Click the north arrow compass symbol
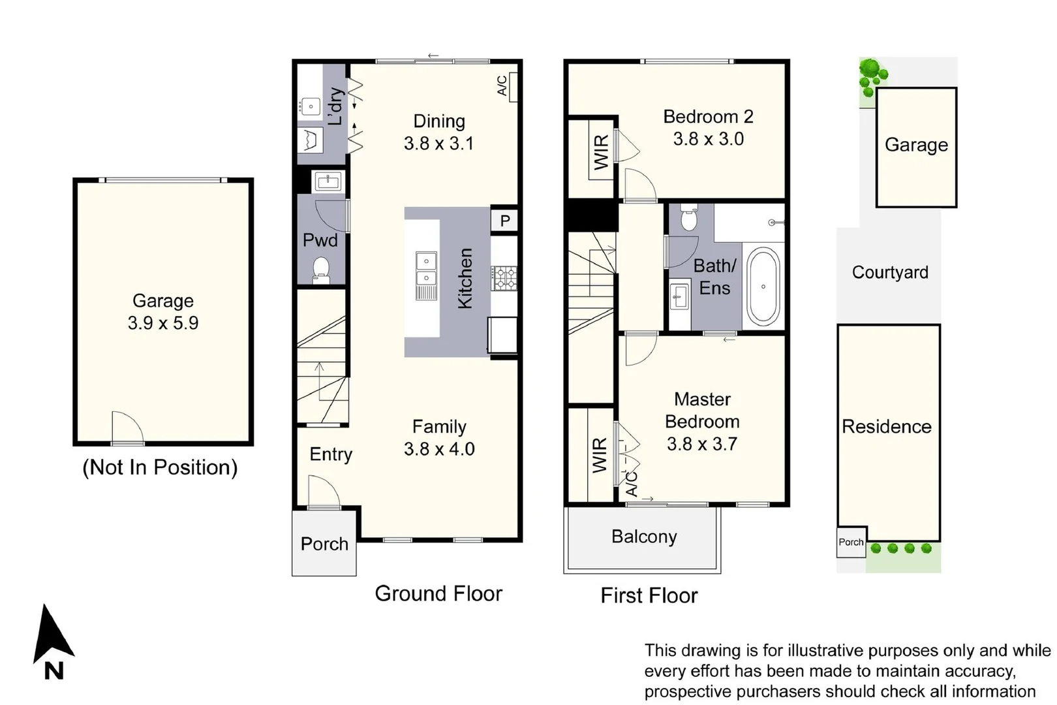(x=52, y=636)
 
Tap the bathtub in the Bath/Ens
(x=763, y=286)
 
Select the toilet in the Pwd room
(x=320, y=268)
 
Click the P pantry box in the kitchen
(x=504, y=221)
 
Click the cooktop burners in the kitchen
(x=504, y=278)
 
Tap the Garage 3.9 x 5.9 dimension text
(x=163, y=323)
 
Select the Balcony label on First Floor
(x=644, y=537)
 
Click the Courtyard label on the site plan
(x=890, y=272)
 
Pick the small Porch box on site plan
(x=851, y=542)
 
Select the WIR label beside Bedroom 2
(x=601, y=152)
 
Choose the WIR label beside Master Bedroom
(x=599, y=455)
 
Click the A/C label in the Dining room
(x=502, y=86)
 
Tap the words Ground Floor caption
(x=438, y=593)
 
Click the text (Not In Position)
(x=160, y=467)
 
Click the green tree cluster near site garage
(x=871, y=75)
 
